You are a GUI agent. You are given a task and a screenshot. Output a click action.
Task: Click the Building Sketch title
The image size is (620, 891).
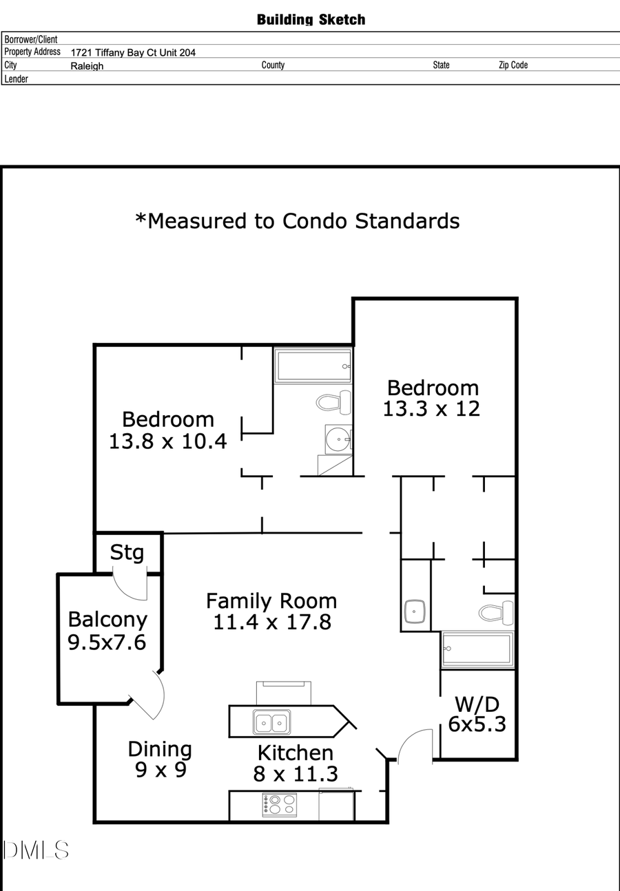pos(311,19)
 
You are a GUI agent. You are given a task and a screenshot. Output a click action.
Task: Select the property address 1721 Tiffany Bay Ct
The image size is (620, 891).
pos(133,52)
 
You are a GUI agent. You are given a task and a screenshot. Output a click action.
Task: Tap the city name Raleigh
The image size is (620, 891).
pos(87,66)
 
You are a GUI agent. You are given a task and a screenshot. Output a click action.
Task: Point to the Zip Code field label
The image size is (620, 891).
pos(513,65)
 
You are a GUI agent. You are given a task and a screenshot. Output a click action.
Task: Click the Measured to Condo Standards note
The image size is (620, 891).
pos(298,220)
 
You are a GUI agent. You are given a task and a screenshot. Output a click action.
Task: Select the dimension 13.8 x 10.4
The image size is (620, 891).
pos(167,441)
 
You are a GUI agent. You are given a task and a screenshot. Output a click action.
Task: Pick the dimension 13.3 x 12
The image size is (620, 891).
pos(431,409)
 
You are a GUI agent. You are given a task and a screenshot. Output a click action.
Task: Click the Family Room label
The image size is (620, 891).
pos(271,601)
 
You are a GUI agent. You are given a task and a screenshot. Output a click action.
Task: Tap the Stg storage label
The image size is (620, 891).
pos(127,552)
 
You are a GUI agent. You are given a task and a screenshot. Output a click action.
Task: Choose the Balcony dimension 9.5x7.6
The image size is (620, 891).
pos(107,642)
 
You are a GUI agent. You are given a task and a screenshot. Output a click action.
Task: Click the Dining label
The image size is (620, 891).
pos(160,749)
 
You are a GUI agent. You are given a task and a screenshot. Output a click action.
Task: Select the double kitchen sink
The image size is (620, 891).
pos(271,722)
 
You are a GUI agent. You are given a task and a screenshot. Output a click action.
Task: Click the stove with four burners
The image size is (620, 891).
pos(280,805)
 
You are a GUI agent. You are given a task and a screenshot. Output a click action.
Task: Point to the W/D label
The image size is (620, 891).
pos(477,704)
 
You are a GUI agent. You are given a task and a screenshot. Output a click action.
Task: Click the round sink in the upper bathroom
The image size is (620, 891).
pos(338,439)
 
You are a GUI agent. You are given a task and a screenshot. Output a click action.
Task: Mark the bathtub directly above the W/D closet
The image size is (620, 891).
pos(477,649)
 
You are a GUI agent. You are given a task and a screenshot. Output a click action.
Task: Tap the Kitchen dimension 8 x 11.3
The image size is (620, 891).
pos(296,774)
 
